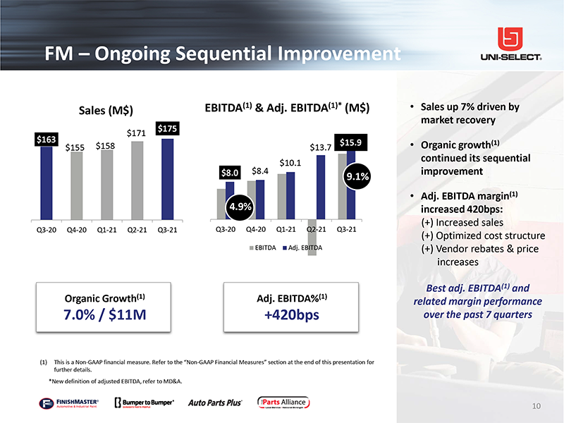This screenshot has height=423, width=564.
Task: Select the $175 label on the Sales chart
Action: click(168, 128)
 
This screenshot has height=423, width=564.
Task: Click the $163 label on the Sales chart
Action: click(47, 139)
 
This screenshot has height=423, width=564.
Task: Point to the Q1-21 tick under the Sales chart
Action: click(106, 228)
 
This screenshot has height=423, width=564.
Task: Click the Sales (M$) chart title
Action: click(106, 110)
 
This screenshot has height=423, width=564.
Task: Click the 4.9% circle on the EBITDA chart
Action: click(240, 206)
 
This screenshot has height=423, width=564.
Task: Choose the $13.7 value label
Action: click(321, 147)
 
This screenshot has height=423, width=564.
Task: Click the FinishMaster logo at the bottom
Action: click(69, 403)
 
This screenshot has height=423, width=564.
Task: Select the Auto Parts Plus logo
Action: click(215, 403)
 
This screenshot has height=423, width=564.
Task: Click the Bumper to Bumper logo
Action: click(144, 403)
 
